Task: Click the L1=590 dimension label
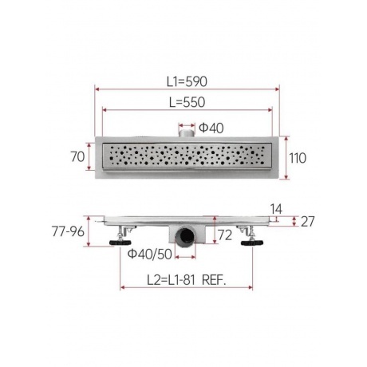coord(187,81)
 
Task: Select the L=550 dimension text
coord(187,102)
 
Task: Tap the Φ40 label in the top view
coord(211,128)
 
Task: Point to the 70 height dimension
coord(77,156)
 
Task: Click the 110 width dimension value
coord(298,158)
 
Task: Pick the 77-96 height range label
coord(68,231)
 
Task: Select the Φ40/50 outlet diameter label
coord(150,255)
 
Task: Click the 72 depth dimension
coord(225,235)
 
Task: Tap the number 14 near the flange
coord(276,209)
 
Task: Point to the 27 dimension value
coord(308,222)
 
